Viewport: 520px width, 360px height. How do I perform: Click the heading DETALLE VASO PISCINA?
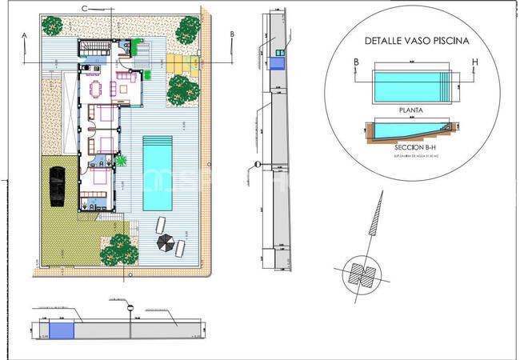pos(415,39)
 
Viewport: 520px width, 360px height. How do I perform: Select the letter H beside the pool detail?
pos(474,62)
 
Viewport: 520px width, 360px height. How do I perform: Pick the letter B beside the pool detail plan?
pos(356,62)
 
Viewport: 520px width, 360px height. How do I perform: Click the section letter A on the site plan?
pos(25,35)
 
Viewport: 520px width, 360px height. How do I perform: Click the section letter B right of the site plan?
pos(231,34)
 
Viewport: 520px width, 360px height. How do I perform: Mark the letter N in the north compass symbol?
pos(363,274)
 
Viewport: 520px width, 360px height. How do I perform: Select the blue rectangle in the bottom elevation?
pos(61,330)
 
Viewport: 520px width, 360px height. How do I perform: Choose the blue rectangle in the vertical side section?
pos(278,62)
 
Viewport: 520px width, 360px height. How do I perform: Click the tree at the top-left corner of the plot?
pos(54,26)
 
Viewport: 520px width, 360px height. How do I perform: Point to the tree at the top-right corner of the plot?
pos(188,30)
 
